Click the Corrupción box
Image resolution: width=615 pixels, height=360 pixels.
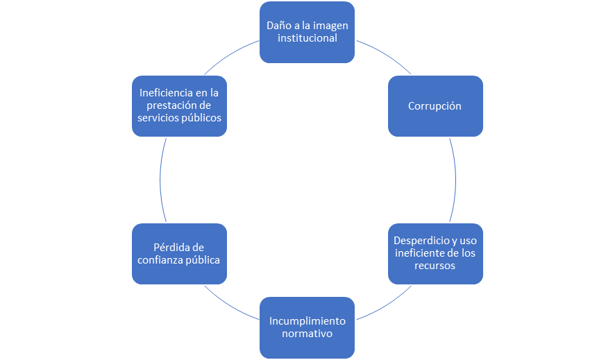tap(435, 106)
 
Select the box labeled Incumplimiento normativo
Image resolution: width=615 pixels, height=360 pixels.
tap(307, 327)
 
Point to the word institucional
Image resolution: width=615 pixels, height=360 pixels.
tap(307, 38)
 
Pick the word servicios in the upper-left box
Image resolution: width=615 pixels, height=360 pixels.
tap(157, 118)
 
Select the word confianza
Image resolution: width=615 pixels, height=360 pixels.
tap(162, 260)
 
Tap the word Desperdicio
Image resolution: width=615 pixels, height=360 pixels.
tap(421, 241)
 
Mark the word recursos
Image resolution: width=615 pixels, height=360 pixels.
tap(435, 266)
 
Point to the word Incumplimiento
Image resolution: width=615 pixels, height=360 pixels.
tap(307, 321)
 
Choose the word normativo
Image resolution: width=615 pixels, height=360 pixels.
tap(307, 334)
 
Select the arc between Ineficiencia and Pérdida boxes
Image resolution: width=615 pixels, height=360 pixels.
tap(160, 180)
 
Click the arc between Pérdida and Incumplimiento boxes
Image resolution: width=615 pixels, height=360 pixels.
tap(230, 305)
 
